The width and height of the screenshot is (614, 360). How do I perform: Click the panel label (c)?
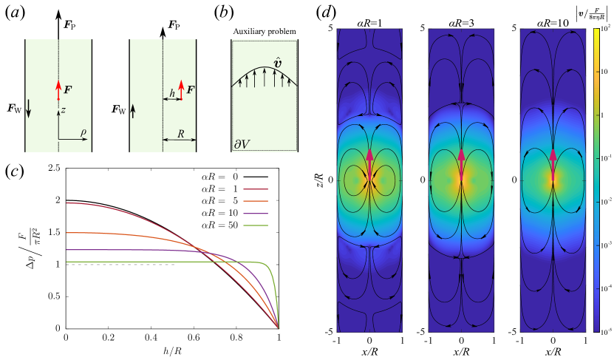17,171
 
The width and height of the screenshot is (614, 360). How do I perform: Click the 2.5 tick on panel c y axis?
52,169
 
